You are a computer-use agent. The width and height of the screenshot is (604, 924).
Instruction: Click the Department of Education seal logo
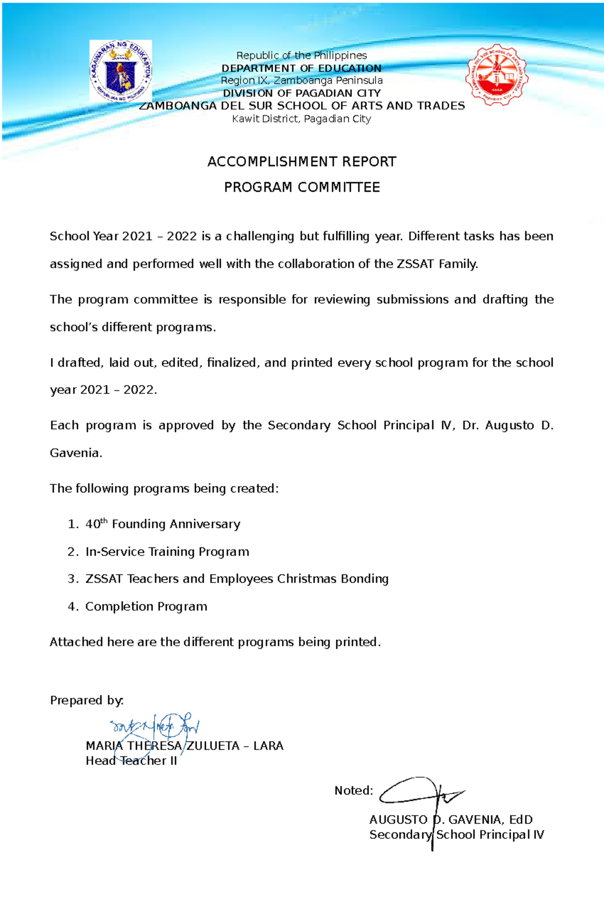[x=120, y=72]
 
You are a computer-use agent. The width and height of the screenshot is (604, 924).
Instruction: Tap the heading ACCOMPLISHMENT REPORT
[x=301, y=162]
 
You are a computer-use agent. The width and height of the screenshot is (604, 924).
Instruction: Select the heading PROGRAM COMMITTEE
[x=301, y=187]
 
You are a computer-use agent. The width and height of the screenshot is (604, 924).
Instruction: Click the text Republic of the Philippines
[x=301, y=55]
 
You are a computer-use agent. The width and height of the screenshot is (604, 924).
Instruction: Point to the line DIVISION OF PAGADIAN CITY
[x=301, y=93]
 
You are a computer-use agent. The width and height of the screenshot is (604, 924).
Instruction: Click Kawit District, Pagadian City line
[x=301, y=119]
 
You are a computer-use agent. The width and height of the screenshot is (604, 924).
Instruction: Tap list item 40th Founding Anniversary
[x=162, y=524]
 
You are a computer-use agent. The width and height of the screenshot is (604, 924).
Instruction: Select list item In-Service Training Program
[x=167, y=552]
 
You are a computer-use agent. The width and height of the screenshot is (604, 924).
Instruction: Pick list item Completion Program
[x=146, y=607]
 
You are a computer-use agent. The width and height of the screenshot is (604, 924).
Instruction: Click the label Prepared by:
[x=87, y=700]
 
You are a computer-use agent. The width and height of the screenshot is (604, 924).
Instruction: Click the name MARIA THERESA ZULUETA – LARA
[x=184, y=746]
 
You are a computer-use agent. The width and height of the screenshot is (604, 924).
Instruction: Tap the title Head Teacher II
[x=131, y=761]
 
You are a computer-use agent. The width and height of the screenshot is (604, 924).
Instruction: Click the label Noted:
[x=353, y=791]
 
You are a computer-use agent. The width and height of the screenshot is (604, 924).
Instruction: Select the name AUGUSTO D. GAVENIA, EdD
[x=450, y=820]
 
